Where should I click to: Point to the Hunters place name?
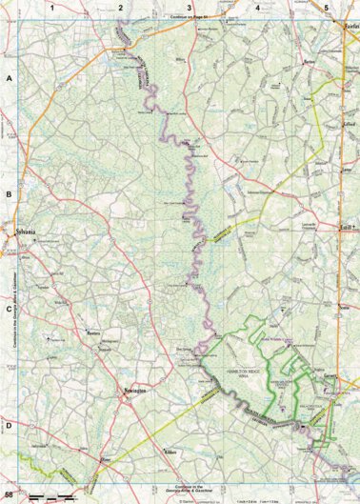(x=93, y=333)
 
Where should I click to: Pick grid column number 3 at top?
(x=189, y=7)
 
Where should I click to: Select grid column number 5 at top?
(x=326, y=7)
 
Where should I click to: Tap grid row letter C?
(x=9, y=309)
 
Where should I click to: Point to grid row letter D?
(x=9, y=425)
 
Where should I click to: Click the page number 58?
(x=9, y=495)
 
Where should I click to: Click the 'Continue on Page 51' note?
(x=189, y=18)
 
